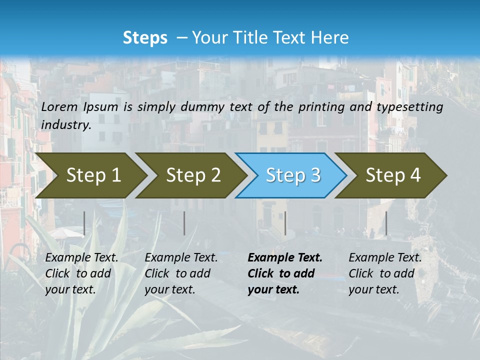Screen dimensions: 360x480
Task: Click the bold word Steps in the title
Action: pos(145,38)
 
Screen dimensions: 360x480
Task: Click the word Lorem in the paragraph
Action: pos(59,106)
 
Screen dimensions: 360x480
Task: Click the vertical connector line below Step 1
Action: pos(84,223)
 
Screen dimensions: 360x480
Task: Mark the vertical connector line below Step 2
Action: pos(184,223)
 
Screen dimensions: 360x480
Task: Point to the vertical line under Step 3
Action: pos(285,223)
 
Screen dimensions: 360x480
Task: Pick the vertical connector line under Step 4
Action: pos(386,223)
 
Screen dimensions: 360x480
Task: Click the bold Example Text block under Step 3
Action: pos(285,273)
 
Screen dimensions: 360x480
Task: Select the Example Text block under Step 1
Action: pos(81,273)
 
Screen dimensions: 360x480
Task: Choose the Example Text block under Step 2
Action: pos(181,273)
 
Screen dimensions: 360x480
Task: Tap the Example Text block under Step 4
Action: pos(385,273)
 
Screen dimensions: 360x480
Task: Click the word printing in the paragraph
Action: pos(319,106)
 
